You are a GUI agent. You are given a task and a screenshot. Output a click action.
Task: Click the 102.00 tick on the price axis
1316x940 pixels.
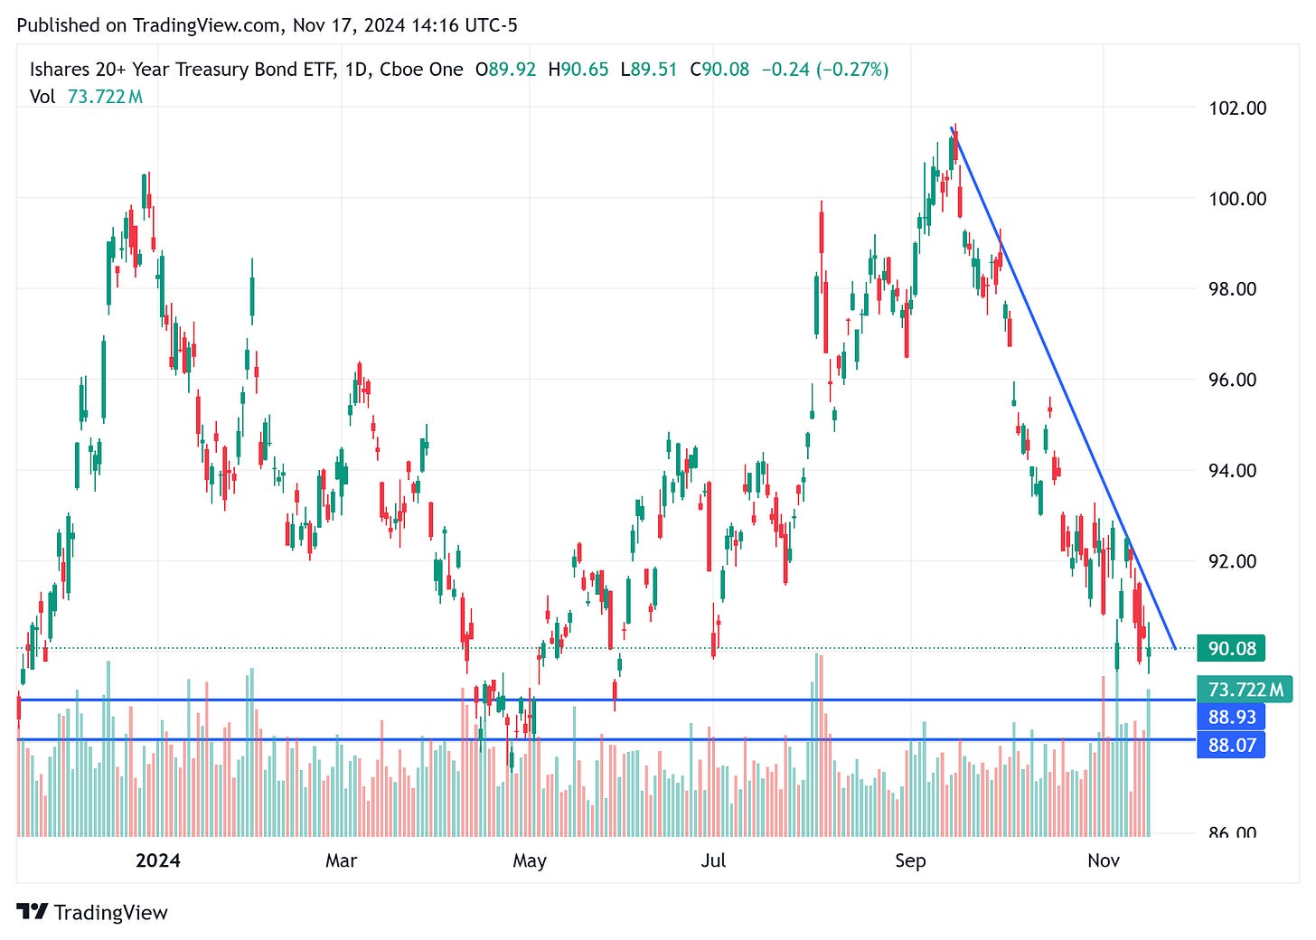click(1237, 108)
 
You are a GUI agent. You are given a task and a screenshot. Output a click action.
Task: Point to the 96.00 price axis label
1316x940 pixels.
click(1233, 380)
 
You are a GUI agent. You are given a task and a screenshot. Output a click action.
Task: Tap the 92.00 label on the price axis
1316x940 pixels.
click(1233, 561)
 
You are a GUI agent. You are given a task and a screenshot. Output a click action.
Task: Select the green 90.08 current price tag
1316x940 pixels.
click(1231, 648)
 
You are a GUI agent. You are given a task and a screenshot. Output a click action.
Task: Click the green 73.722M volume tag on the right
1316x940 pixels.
click(1245, 690)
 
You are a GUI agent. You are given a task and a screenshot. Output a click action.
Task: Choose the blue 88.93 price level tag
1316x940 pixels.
click(1231, 717)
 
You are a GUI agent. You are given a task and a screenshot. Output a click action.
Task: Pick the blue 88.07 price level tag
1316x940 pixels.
click(1231, 745)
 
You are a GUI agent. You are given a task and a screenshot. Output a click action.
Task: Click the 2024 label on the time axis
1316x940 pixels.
click(157, 860)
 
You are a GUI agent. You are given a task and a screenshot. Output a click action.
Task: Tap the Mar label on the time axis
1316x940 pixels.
click(341, 860)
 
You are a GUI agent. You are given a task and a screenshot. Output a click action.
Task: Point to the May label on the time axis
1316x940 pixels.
click(529, 860)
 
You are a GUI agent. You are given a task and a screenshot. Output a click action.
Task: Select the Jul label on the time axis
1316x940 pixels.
click(713, 860)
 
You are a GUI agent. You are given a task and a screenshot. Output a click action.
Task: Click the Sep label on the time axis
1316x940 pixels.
click(910, 860)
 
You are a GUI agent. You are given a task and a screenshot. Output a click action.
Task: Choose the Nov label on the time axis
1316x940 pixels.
click(1103, 860)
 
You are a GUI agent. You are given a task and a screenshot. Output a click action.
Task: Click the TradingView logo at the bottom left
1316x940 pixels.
click(92, 912)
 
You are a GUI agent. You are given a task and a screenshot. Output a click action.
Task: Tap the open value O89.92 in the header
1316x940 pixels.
click(505, 70)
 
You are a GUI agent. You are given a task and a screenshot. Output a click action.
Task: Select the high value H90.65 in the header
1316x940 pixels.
click(578, 70)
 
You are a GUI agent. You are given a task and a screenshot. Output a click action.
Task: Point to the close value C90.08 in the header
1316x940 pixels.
click(719, 70)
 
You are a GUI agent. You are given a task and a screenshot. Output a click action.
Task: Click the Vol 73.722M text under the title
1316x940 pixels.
click(86, 97)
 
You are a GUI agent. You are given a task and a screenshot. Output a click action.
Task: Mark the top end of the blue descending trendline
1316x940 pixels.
click(952, 128)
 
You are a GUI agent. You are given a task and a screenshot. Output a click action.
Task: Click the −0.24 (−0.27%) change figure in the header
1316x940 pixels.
click(824, 70)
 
